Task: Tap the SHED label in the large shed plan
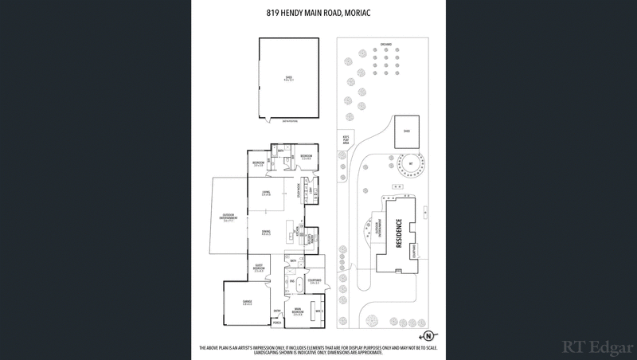290,78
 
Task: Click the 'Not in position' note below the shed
290,120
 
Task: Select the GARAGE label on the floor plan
248,302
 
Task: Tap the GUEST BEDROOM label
258,268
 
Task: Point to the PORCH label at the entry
277,323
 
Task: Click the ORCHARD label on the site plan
385,45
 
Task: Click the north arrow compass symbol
428,335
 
